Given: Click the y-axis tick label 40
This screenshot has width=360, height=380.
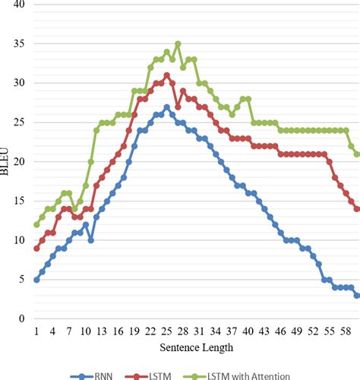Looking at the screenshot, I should (x=18, y=5).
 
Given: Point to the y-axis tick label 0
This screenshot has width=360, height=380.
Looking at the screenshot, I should (x=21, y=319).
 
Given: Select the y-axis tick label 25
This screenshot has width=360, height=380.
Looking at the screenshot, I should (x=18, y=122).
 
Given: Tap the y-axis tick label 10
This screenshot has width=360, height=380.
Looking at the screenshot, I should (x=18, y=240).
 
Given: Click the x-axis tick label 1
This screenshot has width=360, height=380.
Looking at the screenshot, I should (x=36, y=332).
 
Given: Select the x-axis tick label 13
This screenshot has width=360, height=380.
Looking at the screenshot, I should (x=101, y=332).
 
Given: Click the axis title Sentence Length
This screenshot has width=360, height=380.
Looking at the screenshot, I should (x=196, y=347).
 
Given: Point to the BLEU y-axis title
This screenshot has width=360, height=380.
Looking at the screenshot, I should (x=7, y=161).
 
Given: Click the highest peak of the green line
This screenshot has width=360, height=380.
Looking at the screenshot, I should (x=178, y=43).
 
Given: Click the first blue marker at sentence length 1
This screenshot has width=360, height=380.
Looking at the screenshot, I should (x=36, y=280).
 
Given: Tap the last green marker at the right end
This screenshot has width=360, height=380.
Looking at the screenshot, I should (x=357, y=154).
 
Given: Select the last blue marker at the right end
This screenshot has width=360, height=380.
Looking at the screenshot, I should (x=357, y=295).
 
